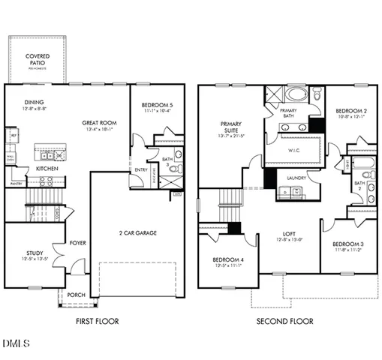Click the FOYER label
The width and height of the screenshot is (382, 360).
click(x=77, y=243)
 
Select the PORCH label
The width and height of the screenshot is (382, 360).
click(x=77, y=295)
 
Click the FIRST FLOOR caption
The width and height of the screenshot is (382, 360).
click(x=97, y=322)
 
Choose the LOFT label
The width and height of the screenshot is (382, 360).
click(x=288, y=233)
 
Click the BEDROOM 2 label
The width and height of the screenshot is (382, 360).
click(x=350, y=110)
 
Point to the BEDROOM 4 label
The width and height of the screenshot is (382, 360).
click(x=226, y=260)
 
